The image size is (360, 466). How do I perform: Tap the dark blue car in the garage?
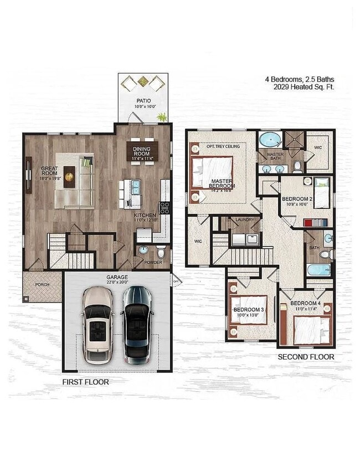136,324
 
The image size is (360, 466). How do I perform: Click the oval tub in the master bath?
270,139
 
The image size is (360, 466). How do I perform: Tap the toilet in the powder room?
161,252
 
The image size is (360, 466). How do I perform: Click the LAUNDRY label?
244,220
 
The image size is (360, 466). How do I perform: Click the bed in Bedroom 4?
311,329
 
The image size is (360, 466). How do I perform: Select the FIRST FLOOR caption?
85,382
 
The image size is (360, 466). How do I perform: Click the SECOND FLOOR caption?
306,357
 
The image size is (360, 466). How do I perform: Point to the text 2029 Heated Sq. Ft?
303,87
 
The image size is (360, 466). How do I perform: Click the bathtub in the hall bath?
319,270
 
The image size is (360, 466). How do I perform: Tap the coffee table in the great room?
69,173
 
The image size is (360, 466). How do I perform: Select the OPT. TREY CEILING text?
223,146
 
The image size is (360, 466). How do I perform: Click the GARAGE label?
117,277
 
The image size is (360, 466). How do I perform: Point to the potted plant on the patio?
162,117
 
